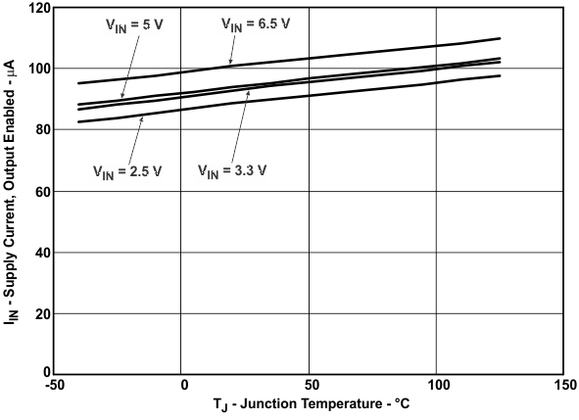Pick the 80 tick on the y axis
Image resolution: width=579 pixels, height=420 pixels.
(39, 130)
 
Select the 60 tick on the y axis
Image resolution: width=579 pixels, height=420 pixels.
(39, 192)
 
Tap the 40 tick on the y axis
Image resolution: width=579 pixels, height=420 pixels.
(39, 253)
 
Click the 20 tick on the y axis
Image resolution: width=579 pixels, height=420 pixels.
(39, 314)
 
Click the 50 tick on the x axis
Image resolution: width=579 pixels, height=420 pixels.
(310, 384)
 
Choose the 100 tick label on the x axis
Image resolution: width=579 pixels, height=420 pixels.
(437, 384)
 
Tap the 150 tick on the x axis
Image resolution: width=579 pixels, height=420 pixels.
(563, 384)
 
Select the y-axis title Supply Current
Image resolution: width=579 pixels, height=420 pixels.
(13, 191)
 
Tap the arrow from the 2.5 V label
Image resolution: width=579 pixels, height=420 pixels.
(134, 136)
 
